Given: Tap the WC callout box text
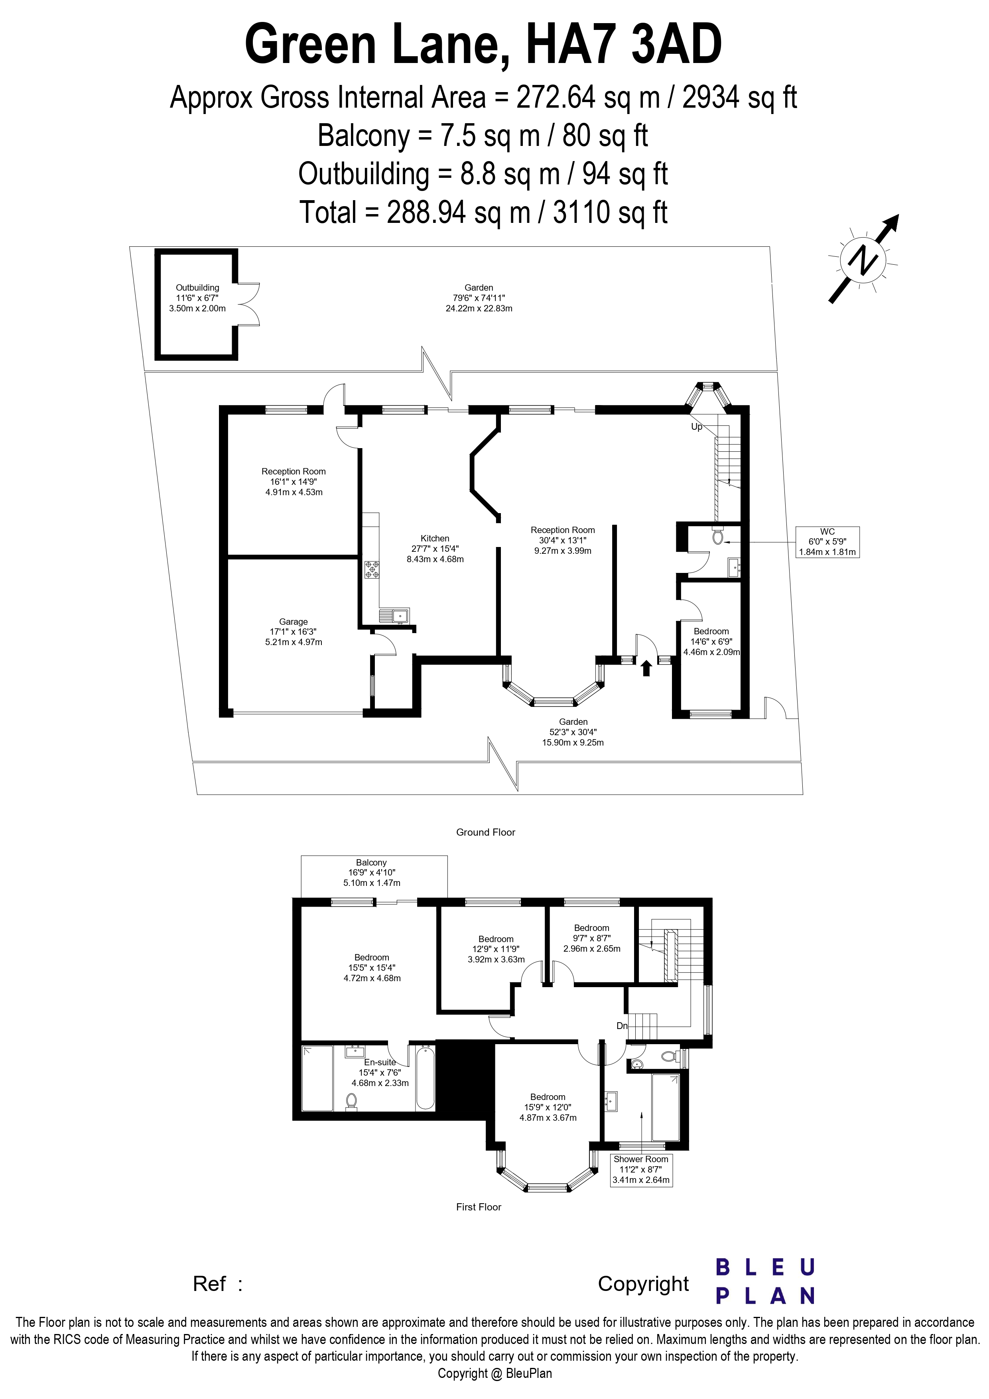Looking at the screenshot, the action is tap(827, 542).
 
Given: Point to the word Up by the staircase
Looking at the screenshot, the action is tap(697, 427).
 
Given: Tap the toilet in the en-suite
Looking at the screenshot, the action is tap(351, 1102).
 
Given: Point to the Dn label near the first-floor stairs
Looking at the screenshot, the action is tap(622, 1026).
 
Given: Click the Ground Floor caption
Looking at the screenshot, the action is tap(486, 832).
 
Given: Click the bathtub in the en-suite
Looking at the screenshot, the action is tap(426, 1077).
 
